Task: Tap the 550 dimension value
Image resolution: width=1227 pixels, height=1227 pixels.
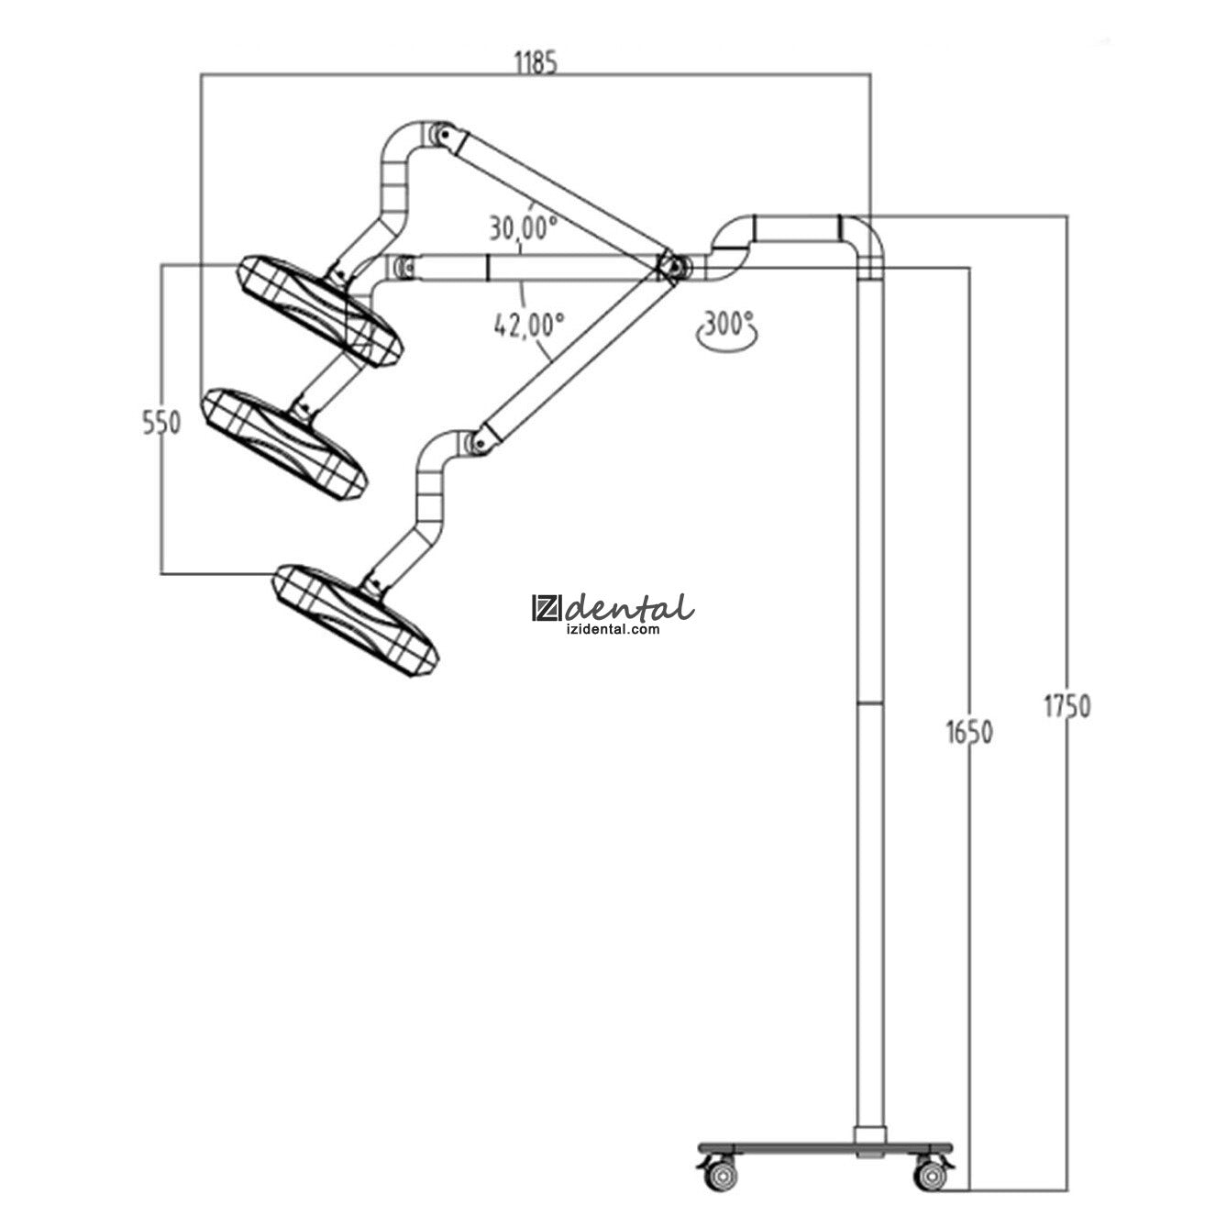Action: tap(161, 423)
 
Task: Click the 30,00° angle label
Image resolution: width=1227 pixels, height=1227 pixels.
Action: tap(522, 226)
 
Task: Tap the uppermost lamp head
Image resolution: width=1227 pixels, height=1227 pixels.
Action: tap(320, 310)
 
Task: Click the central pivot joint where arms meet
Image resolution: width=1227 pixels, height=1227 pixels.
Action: tap(673, 267)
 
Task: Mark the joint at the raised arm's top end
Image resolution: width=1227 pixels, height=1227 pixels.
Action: tap(444, 135)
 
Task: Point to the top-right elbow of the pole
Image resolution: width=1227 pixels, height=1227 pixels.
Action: tap(866, 231)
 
